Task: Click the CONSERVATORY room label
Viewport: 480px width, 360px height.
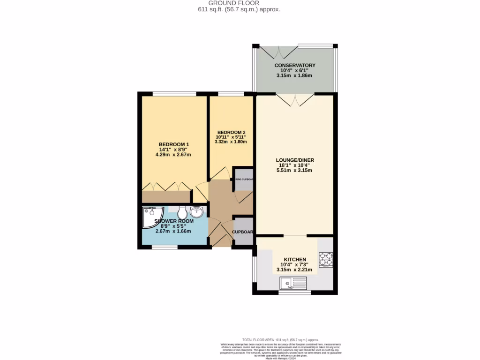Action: point(295,65)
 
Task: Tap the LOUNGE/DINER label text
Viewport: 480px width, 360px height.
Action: point(295,160)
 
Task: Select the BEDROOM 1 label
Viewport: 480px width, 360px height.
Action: point(173,144)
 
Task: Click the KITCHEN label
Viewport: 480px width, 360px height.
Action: point(295,259)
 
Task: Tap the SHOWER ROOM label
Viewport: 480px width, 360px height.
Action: point(173,221)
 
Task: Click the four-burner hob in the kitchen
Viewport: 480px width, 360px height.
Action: point(326,259)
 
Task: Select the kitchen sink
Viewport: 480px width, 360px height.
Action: point(293,283)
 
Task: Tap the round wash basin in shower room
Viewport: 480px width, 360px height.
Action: point(197,212)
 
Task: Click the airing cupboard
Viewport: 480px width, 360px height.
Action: point(243,179)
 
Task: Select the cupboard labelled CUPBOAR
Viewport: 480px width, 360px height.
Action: point(243,232)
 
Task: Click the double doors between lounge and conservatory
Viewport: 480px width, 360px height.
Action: point(295,99)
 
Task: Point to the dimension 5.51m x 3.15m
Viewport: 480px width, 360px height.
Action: point(295,170)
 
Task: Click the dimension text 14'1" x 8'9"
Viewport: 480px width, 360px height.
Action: point(173,149)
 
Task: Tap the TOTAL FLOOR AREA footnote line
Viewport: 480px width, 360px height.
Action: point(280,339)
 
